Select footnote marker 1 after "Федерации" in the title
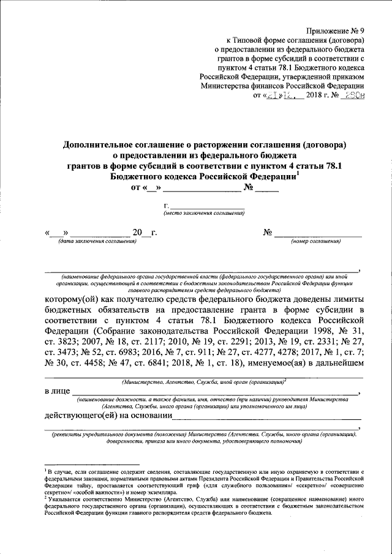298,173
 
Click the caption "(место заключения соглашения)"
204,214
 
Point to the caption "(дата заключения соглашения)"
97,242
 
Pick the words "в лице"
57,391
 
